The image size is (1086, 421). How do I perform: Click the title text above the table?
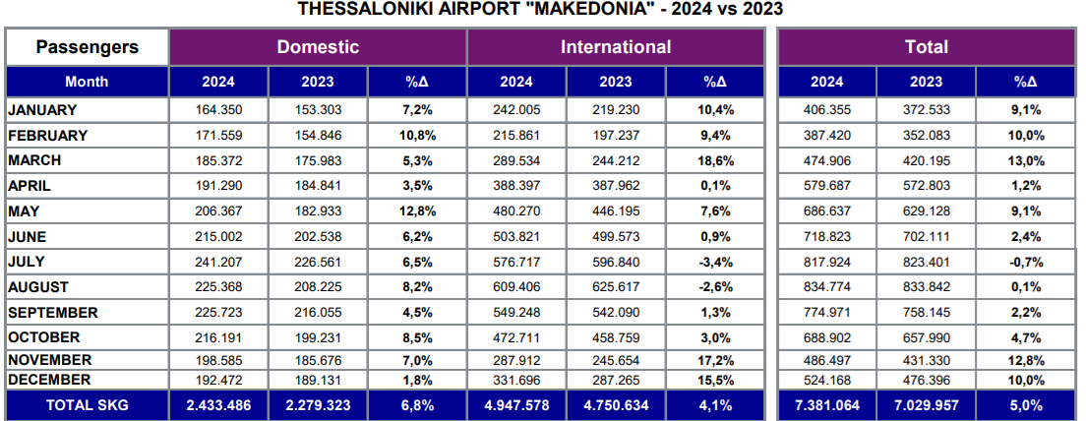point(542,10)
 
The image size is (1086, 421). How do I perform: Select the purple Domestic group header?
point(318,47)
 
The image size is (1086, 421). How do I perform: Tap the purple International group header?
point(615,47)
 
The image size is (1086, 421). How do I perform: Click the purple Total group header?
point(926,47)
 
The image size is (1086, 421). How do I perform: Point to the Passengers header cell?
point(87,47)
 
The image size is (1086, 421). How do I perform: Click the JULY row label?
point(28,262)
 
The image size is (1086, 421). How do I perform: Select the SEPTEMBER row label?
point(53,313)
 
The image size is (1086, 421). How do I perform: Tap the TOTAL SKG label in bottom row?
point(87,404)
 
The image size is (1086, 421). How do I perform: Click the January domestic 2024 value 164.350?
point(219,110)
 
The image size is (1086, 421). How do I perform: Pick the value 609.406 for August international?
point(516,287)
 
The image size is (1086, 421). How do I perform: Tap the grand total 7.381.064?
point(826,404)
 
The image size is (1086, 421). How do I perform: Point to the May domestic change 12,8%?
point(416,210)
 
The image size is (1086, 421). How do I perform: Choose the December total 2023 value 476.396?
point(926,380)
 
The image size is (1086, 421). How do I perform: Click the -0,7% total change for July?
point(1026,262)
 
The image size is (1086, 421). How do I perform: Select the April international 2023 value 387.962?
point(616,185)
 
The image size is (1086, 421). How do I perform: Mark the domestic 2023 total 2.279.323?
point(318,404)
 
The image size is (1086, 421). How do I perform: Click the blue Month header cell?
point(87,82)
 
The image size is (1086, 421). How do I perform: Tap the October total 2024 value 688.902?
point(826,337)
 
